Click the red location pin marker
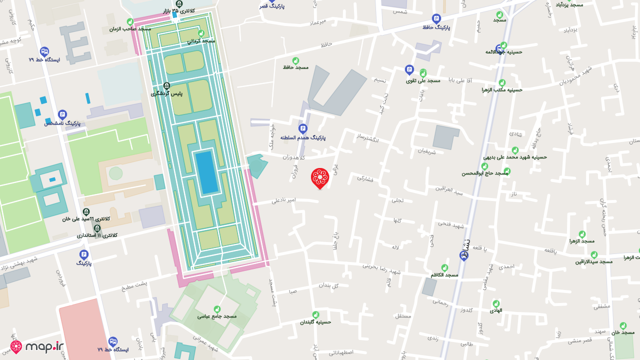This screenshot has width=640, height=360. click(x=319, y=177)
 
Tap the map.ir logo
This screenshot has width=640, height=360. click(x=37, y=346)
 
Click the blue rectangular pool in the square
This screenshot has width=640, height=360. click(x=206, y=172)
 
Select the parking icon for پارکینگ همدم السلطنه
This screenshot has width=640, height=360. click(x=302, y=128)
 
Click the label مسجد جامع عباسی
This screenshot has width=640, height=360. click(x=216, y=316)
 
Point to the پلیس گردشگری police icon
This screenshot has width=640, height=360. click(x=167, y=86)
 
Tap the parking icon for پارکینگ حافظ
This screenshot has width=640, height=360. click(x=436, y=18)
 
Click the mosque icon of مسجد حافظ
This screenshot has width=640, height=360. click(x=295, y=60)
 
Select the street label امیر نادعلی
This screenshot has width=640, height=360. click(x=283, y=200)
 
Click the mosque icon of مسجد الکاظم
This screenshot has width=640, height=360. click(x=444, y=267)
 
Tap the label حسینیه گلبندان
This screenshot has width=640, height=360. click(x=315, y=322)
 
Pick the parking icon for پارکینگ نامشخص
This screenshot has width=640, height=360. click(x=62, y=114)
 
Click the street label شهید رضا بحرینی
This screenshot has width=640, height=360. click(x=382, y=268)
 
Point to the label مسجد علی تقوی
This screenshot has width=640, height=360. click(x=422, y=80)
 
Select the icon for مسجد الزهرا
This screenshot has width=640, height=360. click(x=582, y=234)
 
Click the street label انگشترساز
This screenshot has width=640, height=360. click(x=367, y=138)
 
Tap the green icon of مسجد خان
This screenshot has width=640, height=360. click(x=623, y=325)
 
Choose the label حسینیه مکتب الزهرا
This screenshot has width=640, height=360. click(x=502, y=90)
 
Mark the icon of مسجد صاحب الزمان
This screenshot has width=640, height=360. click(x=130, y=22)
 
